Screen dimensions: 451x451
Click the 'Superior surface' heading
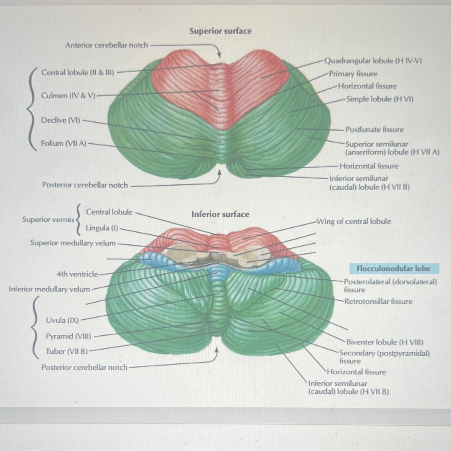(x=220, y=31)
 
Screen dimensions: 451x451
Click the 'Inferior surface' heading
(x=220, y=214)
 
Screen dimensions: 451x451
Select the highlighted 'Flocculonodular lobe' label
(x=393, y=269)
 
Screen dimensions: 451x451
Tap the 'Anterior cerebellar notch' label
(x=106, y=45)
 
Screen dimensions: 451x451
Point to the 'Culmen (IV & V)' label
(x=68, y=96)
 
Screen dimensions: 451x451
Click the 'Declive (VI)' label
(x=61, y=120)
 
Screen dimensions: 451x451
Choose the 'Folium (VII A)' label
(x=64, y=143)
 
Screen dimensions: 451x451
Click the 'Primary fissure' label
(x=353, y=74)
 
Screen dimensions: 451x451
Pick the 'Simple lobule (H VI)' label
(x=380, y=99)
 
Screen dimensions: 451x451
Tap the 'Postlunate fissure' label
(x=374, y=129)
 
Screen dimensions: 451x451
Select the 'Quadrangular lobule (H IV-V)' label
(x=373, y=61)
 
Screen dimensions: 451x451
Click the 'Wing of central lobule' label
(x=353, y=221)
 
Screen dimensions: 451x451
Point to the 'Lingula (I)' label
(x=102, y=228)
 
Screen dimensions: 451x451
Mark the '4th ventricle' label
(x=77, y=274)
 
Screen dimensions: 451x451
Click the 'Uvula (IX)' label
(x=62, y=320)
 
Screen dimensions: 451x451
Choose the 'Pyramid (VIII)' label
(x=69, y=336)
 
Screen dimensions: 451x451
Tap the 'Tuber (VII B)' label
(x=67, y=351)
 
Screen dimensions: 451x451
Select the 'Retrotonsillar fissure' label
(x=378, y=301)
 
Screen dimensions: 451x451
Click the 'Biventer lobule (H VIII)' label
(x=384, y=342)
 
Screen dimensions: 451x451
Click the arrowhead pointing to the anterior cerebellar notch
(x=219, y=55)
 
